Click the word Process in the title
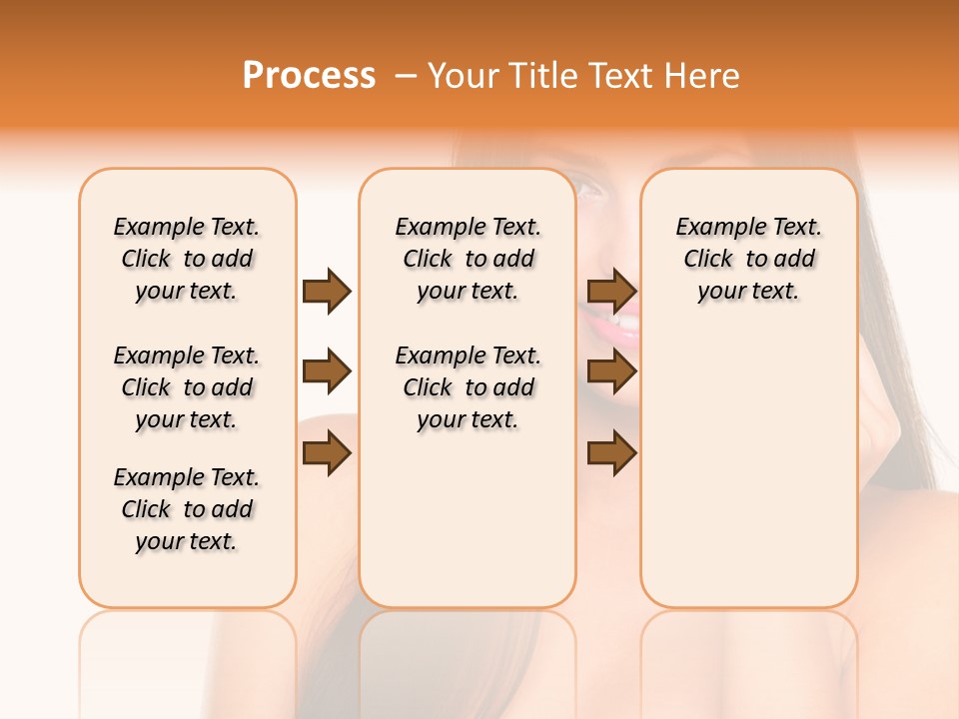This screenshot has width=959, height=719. pos(309,75)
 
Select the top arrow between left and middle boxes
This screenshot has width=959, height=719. pos(327,291)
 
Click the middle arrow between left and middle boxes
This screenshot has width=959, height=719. pos(327,372)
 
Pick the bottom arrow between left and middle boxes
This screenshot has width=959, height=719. pos(327,454)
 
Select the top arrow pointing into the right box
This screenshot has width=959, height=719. pos(611,291)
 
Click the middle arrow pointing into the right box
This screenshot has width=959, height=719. pos(611,372)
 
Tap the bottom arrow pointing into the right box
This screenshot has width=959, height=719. pos(611,454)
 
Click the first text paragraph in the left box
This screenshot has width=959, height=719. pos(187,259)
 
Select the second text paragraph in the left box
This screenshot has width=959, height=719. pos(187,387)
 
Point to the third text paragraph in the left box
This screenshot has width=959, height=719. pos(187,509)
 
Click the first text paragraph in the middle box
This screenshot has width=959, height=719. pos(469,259)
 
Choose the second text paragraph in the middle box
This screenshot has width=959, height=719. pos(469,387)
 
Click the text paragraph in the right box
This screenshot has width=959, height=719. pos(749,259)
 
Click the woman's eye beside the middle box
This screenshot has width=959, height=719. pos(590,189)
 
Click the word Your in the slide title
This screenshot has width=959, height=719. pos(464,76)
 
